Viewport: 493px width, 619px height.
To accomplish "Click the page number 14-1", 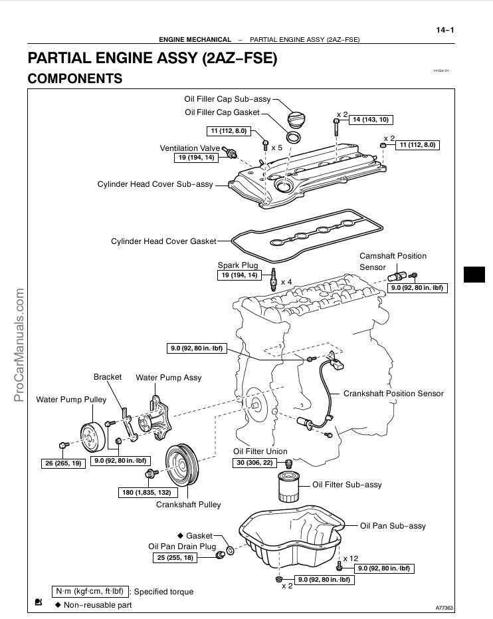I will pyautogui.click(x=444, y=29).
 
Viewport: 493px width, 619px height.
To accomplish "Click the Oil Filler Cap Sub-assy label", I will pyautogui.click(x=227, y=99).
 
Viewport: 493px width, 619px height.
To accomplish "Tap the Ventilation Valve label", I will pyautogui.click(x=189, y=148).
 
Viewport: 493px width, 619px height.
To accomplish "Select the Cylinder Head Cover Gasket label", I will pyautogui.click(x=163, y=241).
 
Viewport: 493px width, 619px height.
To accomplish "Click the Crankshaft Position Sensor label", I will pyautogui.click(x=393, y=394).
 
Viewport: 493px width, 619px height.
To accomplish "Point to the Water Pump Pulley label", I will pyautogui.click(x=70, y=400).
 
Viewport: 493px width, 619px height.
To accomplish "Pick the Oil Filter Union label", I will pyautogui.click(x=260, y=451).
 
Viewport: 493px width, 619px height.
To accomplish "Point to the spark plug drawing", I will pyautogui.click(x=273, y=281).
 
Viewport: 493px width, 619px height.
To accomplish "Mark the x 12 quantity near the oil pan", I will pyautogui.click(x=350, y=558).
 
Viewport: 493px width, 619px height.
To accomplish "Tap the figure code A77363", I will pyautogui.click(x=444, y=608).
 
